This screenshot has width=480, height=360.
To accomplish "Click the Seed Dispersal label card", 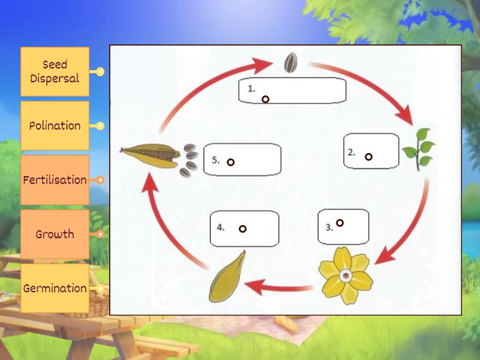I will (x=55, y=71).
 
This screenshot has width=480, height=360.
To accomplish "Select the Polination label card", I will (x=55, y=125).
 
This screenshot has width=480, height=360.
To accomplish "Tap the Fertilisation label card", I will (x=55, y=180).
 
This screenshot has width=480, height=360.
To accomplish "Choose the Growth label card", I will (x=55, y=234).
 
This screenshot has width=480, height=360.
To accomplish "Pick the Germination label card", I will (x=55, y=288).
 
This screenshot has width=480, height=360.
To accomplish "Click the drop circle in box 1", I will (x=265, y=99).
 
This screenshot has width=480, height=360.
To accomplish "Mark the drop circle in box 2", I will (x=368, y=157).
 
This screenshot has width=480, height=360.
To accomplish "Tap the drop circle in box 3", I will (x=340, y=223).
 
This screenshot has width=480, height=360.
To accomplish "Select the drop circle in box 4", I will (x=242, y=229).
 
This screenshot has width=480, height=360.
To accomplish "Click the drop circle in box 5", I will (x=230, y=162).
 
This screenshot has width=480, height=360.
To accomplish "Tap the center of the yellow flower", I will (x=346, y=276).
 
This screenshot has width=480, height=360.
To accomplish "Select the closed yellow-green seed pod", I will (x=227, y=277).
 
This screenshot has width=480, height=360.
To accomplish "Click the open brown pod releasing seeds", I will (x=150, y=155).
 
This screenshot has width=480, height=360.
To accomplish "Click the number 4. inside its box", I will (x=221, y=227).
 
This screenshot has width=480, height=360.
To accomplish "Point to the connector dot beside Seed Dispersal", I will (x=100, y=72).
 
